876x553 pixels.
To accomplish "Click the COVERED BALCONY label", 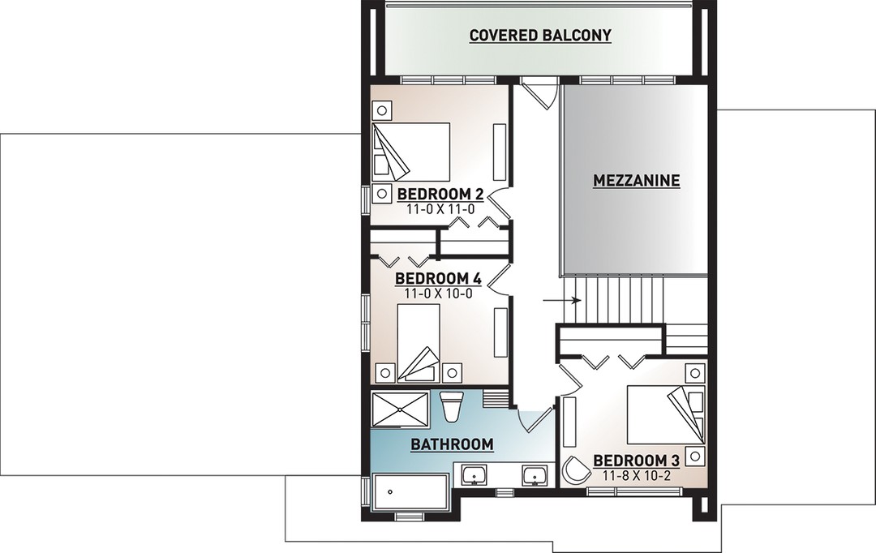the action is click(540, 35).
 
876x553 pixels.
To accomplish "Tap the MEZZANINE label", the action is click(637, 181).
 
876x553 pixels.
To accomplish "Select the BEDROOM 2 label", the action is click(440, 195).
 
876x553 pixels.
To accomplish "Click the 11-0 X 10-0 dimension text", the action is click(438, 293).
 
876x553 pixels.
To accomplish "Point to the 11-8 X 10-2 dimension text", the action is click(637, 475).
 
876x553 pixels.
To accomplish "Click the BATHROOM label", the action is click(452, 444).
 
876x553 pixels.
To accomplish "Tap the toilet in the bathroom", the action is click(449, 407).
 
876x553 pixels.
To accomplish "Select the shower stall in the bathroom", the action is click(400, 409).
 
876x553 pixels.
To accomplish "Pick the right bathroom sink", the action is click(536, 476).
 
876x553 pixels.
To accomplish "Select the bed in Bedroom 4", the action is click(419, 343).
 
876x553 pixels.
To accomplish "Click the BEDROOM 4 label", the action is click(438, 278).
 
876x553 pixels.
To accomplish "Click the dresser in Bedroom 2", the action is click(500, 151).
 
